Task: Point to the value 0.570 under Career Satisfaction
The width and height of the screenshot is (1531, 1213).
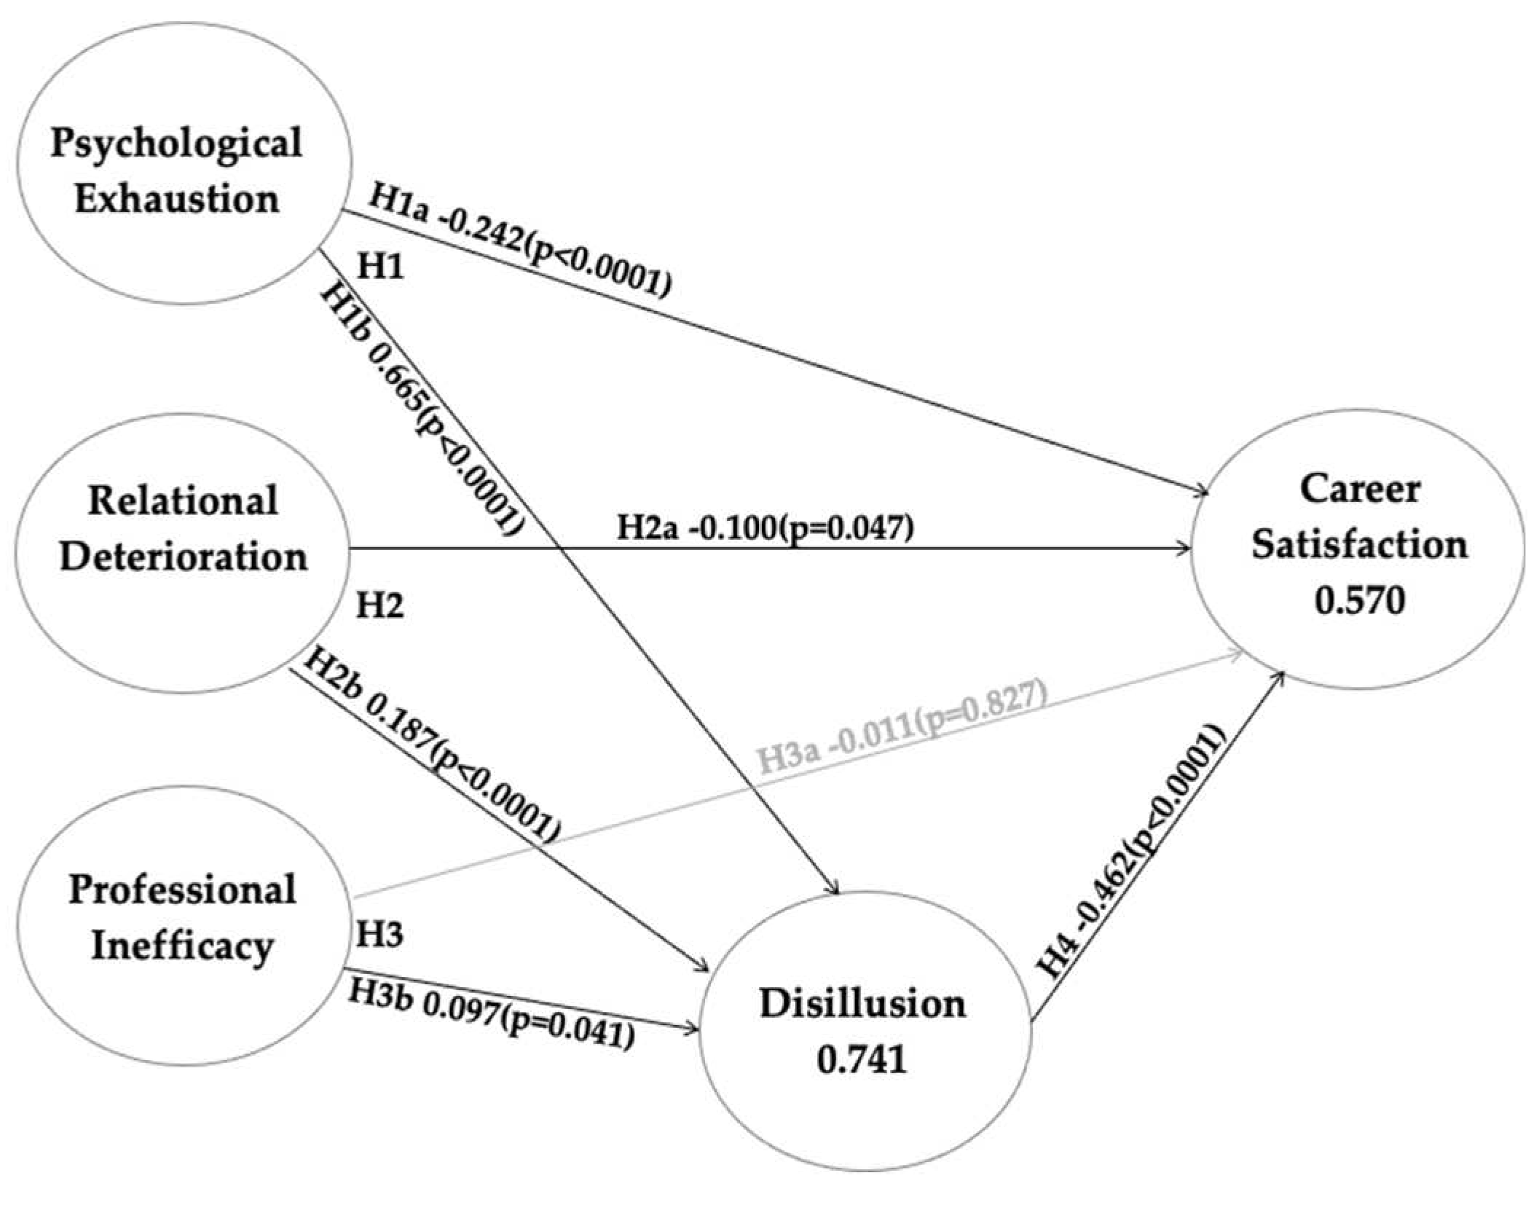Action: coord(1359,602)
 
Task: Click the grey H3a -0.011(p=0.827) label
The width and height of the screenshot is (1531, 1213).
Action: coord(903,729)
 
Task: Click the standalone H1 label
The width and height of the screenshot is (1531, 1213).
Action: coord(380,267)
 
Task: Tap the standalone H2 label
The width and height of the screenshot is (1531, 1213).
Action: coord(379,605)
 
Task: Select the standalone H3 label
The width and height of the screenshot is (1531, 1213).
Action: coord(379,935)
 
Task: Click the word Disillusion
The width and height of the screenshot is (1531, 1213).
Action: coord(862,1004)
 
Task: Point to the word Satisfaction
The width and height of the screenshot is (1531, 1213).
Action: coord(1359,546)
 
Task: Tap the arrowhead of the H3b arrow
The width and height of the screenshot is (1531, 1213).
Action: coord(691,1029)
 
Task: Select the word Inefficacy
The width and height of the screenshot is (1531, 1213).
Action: coord(182,946)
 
